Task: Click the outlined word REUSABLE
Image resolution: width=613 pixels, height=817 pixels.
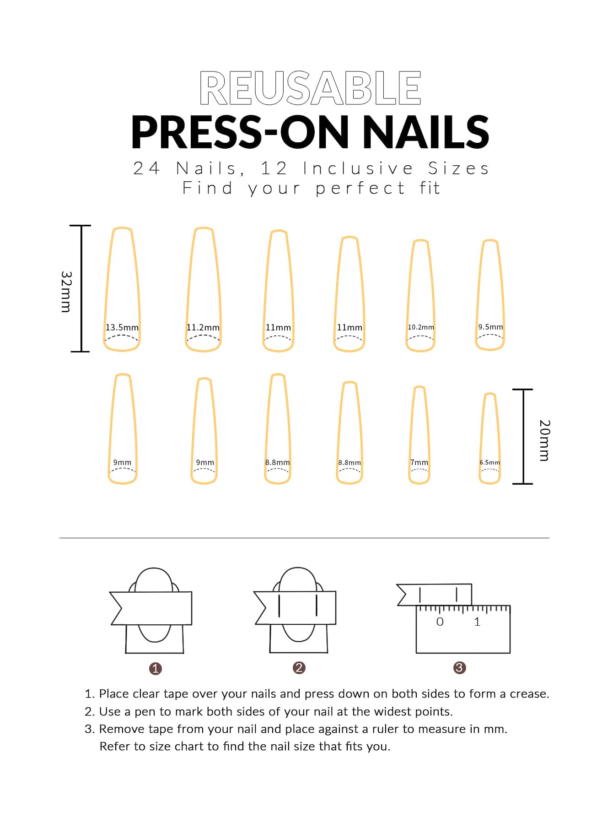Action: click(x=310, y=88)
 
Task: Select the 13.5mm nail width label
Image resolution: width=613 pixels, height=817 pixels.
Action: click(x=122, y=327)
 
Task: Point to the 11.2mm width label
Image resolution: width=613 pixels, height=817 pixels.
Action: click(x=203, y=328)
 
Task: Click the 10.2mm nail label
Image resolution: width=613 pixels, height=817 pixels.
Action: click(x=421, y=327)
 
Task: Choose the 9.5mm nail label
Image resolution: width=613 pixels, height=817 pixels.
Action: click(x=490, y=327)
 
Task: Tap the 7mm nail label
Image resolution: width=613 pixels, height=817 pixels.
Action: click(x=419, y=462)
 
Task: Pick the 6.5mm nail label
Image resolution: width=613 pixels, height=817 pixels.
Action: click(x=490, y=462)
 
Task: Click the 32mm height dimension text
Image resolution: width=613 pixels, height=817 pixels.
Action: click(x=66, y=292)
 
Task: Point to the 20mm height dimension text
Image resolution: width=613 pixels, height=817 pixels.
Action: click(x=544, y=440)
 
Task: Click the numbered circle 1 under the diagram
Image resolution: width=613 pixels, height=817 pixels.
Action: click(x=156, y=669)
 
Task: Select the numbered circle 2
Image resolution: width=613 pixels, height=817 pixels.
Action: click(x=299, y=668)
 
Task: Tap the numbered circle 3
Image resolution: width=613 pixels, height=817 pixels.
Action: click(x=459, y=668)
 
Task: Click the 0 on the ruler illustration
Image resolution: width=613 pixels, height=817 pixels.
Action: click(x=440, y=622)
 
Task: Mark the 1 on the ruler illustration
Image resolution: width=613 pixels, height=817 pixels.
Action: click(x=477, y=622)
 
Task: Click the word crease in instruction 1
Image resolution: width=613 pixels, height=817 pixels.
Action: click(x=530, y=694)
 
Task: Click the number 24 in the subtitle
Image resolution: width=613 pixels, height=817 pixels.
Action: click(x=146, y=168)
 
